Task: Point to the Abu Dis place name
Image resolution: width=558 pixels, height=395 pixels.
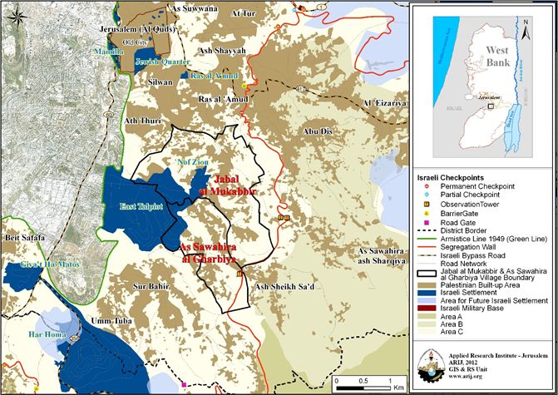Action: point(319,131)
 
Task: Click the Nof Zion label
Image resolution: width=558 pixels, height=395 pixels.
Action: point(185,162)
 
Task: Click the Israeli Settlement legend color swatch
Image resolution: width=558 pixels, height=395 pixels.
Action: point(427,294)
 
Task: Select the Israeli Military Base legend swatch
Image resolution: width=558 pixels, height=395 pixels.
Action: point(427,309)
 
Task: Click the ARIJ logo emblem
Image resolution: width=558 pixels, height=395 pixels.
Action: point(529,364)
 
